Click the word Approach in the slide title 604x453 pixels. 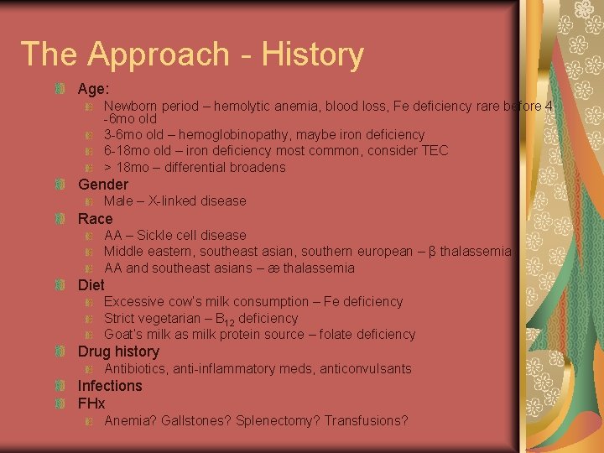[158, 55]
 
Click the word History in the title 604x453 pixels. [312, 55]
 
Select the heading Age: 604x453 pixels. [94, 88]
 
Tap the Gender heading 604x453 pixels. [103, 185]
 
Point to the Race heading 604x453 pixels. [95, 219]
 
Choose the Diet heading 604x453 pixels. [91, 285]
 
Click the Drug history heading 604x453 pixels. [118, 352]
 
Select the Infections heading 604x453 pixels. [110, 386]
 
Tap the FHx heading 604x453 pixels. [91, 404]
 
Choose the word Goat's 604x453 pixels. [122, 335]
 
